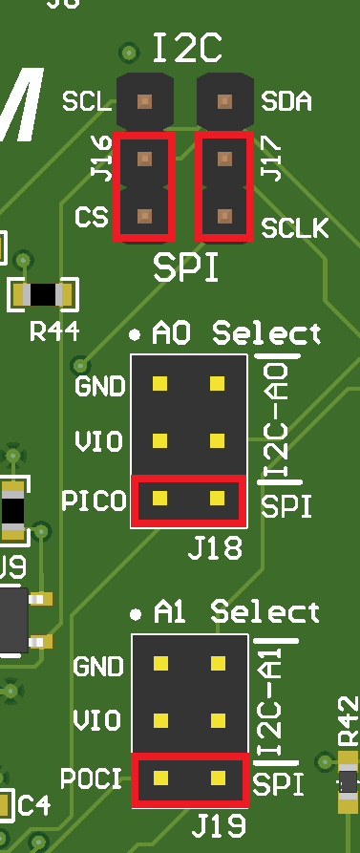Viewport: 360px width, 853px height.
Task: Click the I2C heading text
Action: point(187,45)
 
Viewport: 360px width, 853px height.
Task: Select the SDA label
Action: point(286,100)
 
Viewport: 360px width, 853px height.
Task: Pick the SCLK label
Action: point(294,228)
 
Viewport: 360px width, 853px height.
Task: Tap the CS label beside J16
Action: point(91,218)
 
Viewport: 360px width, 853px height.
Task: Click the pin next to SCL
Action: point(144,100)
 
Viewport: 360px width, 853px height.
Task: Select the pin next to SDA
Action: point(224,100)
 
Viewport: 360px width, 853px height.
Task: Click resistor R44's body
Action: point(43,294)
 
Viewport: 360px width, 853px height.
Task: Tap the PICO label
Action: point(93,500)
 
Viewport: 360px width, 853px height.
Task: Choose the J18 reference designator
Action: point(214,549)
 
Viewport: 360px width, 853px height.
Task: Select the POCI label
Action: point(91,778)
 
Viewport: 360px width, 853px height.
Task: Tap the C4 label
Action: point(34,805)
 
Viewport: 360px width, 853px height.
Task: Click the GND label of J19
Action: point(99,665)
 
